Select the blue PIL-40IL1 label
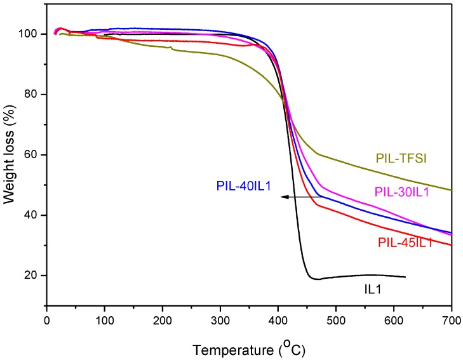(243, 186)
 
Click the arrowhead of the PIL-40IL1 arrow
(283, 197)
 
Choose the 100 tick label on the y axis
(32, 34)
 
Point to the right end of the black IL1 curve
(405, 277)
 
